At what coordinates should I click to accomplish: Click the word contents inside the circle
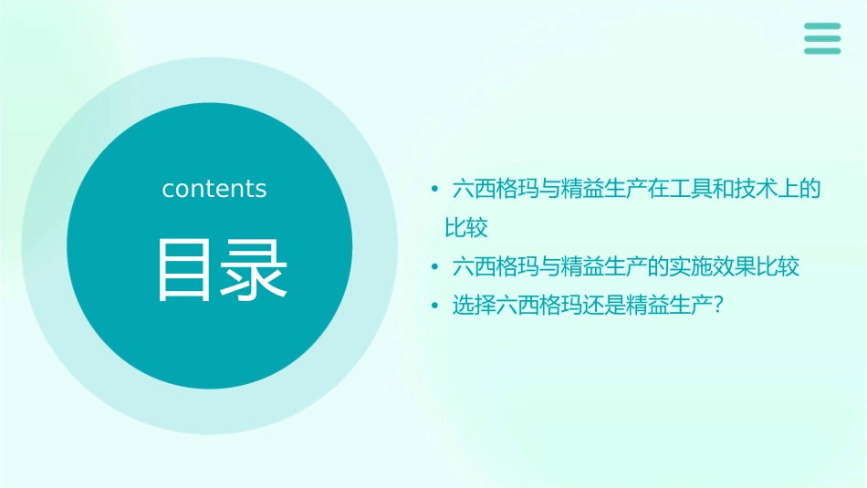click(214, 189)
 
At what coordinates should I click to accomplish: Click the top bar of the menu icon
click(822, 26)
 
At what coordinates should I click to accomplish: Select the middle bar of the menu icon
click(822, 38)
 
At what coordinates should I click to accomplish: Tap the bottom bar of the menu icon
click(822, 50)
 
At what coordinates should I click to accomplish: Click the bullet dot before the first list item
click(435, 190)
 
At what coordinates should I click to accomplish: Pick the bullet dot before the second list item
click(435, 267)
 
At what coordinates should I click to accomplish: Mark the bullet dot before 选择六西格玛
click(435, 306)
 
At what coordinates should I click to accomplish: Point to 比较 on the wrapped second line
click(466, 227)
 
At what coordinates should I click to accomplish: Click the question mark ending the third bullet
click(717, 306)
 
